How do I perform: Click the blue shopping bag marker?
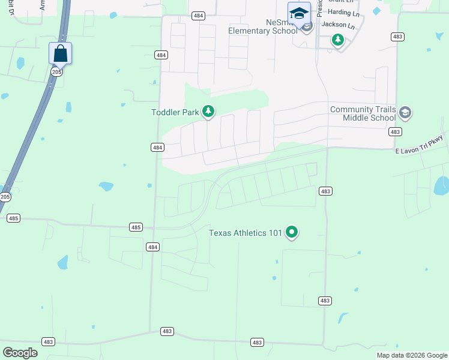point(60,53)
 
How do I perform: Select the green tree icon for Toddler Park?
point(208,111)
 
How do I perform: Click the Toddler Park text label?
point(175,112)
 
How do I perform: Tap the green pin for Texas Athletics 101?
point(292,232)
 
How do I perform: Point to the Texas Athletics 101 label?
point(245,233)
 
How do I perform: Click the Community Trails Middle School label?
point(363,113)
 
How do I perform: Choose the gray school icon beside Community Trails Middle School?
point(405,113)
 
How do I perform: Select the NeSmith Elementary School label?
point(263,26)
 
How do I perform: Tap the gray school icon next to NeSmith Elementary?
point(307,26)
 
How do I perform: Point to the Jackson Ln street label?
point(338,25)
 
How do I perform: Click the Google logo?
point(20,353)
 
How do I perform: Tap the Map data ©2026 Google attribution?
point(412,355)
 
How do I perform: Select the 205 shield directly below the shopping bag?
point(56,72)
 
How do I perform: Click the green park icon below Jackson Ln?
point(338,40)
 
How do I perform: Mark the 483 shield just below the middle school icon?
point(394,131)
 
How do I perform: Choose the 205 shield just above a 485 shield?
point(5,197)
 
